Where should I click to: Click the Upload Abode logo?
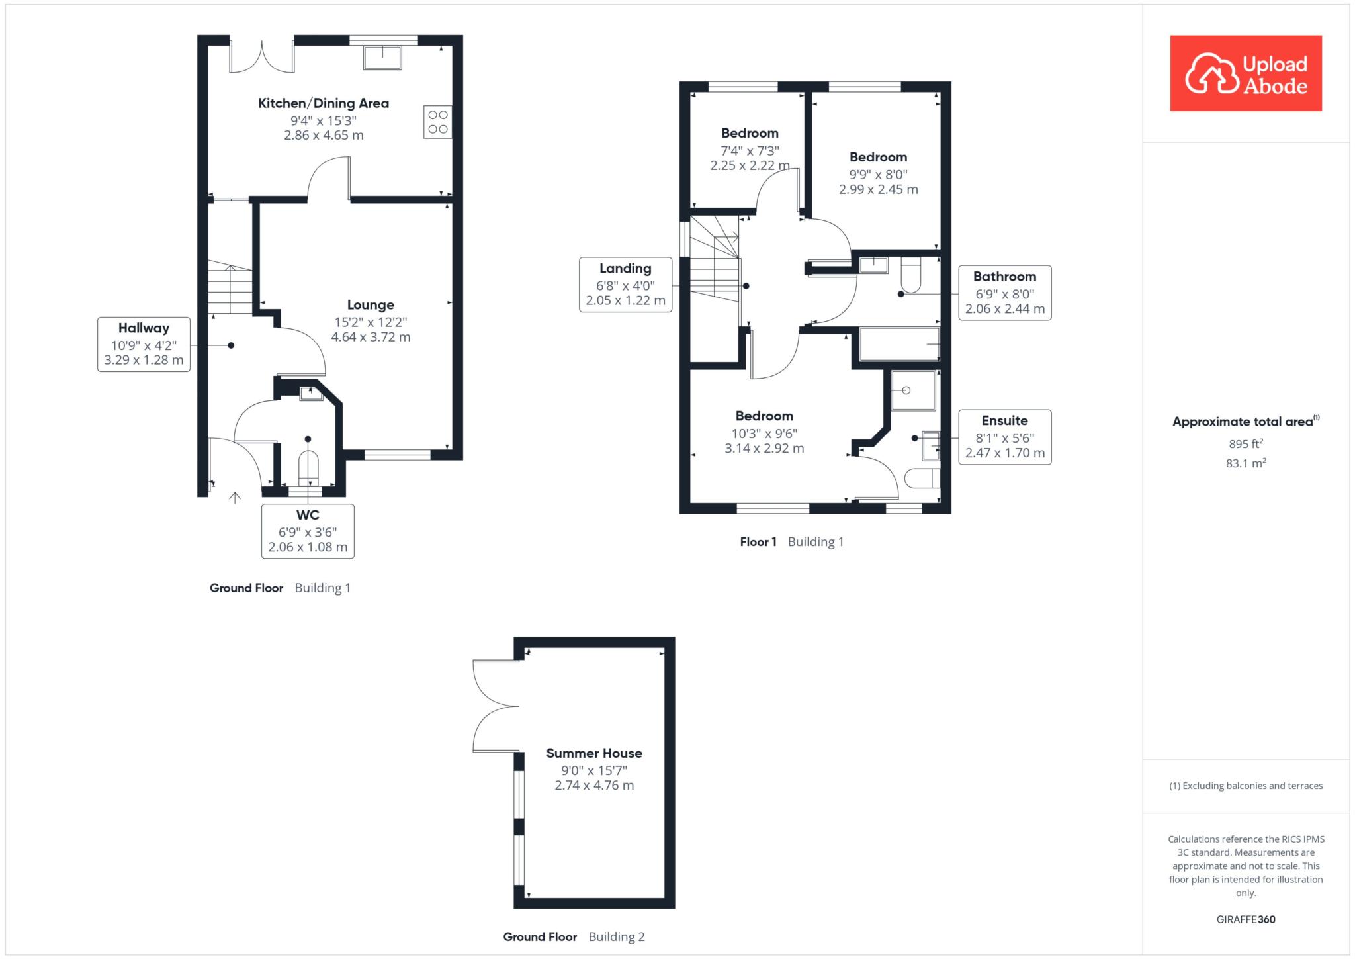click(x=1246, y=73)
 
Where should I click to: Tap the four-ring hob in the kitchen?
click(x=438, y=122)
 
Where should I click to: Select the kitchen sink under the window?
click(x=382, y=58)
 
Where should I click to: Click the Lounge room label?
click(x=371, y=305)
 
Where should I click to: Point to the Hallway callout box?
click(x=144, y=344)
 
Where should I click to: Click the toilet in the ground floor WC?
click(x=308, y=469)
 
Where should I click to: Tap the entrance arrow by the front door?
click(x=234, y=498)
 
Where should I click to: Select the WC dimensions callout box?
click(x=308, y=531)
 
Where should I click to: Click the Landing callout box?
click(x=626, y=285)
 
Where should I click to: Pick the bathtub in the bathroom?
click(x=900, y=344)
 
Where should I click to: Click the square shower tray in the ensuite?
click(x=913, y=390)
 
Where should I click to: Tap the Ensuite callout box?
click(x=1005, y=437)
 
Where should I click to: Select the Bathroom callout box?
click(x=1005, y=293)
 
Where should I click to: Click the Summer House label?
click(x=594, y=753)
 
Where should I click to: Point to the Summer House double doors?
click(x=496, y=706)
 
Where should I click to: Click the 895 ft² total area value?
click(x=1246, y=444)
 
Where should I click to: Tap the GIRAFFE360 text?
click(x=1246, y=919)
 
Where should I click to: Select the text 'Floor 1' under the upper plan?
click(x=758, y=542)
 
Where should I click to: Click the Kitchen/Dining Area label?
click(x=324, y=103)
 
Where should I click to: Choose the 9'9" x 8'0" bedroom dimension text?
click(x=879, y=175)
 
